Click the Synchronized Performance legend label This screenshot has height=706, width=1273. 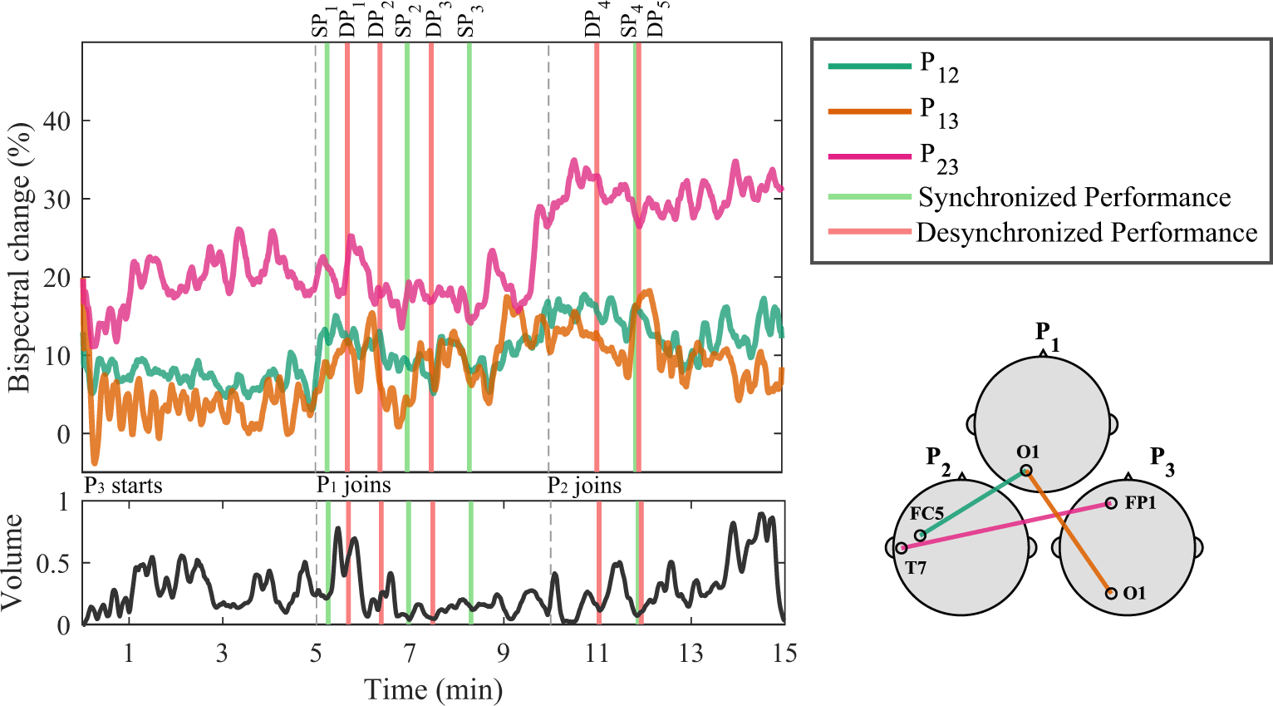[1074, 198]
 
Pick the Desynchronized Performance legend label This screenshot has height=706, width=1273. [1086, 233]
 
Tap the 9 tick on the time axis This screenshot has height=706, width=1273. [503, 654]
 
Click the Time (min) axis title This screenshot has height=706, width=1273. [433, 689]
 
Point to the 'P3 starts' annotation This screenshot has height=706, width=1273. [123, 486]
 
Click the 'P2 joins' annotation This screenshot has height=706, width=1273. [584, 486]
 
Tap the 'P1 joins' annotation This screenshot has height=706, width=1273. [353, 486]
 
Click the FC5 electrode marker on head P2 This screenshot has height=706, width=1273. [920, 536]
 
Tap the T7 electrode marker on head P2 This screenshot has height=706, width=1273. [902, 549]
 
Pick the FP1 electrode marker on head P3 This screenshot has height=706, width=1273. [1111, 503]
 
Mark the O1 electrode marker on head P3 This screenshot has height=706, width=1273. [1111, 593]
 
